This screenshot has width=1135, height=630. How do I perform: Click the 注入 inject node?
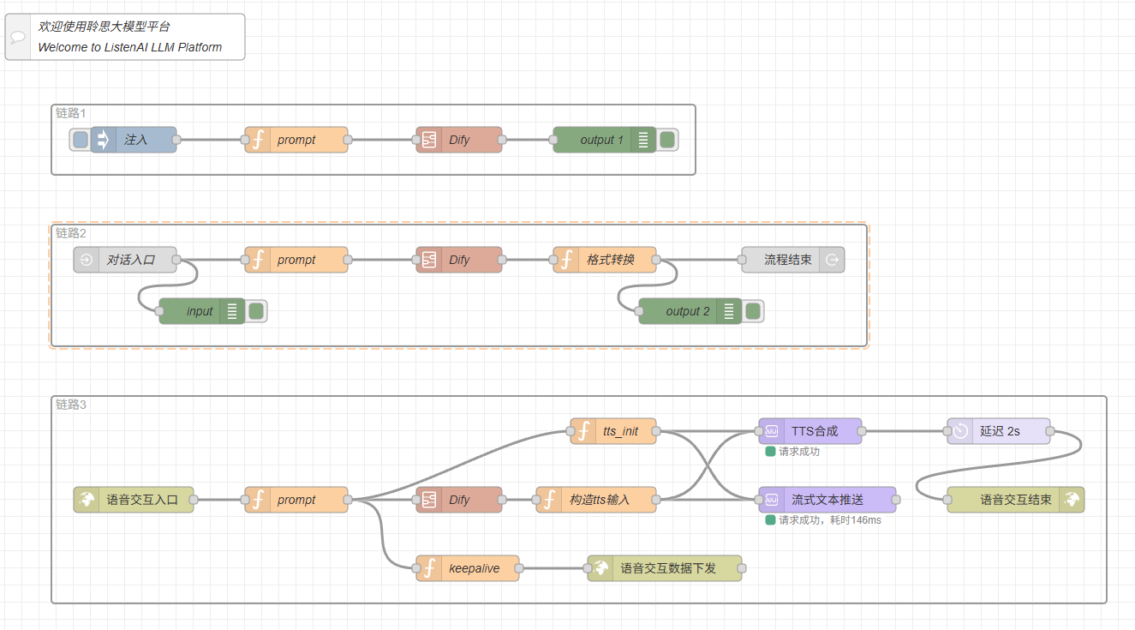(134, 140)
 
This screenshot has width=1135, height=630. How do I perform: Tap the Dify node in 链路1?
(459, 140)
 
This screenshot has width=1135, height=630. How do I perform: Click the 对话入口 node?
(130, 260)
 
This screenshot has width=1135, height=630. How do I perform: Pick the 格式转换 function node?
(610, 260)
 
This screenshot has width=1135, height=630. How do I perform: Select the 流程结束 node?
(787, 260)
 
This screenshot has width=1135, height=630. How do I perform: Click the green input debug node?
(199, 311)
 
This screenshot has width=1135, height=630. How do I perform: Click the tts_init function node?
(619, 431)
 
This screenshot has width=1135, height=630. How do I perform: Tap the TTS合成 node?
(814, 431)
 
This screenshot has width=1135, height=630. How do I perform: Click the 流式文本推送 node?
(827, 500)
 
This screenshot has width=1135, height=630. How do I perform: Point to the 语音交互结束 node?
(1015, 500)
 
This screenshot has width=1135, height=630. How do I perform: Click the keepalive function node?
(473, 568)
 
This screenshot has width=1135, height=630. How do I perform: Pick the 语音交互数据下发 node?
(667, 568)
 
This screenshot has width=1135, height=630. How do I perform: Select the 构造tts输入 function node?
(599, 500)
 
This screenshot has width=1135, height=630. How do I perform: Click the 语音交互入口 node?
(141, 500)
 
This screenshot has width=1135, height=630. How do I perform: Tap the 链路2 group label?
(71, 233)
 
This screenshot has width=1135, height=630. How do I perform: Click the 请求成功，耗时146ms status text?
(829, 520)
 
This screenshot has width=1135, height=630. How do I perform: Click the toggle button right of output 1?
(667, 140)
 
